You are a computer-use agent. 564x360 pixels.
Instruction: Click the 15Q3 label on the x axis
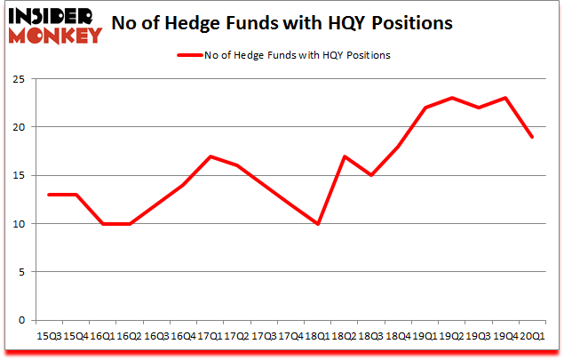50,335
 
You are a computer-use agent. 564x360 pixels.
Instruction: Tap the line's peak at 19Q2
452,98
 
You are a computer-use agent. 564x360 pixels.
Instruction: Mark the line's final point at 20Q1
531,137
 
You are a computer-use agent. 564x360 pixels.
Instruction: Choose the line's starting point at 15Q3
50,195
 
